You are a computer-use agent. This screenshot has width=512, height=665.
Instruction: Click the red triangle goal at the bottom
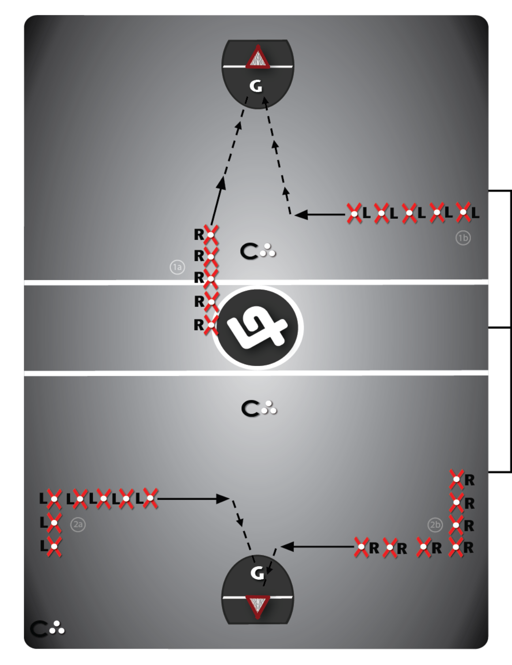[257, 606]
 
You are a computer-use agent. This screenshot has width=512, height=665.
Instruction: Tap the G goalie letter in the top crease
[256, 86]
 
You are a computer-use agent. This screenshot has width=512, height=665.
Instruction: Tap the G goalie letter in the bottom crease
[257, 573]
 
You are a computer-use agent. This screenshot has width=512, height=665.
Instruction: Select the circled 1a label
[177, 267]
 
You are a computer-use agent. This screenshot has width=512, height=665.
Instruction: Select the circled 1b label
[463, 238]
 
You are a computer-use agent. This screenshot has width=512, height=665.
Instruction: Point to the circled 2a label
[78, 524]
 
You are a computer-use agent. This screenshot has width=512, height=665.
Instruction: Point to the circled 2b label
[435, 525]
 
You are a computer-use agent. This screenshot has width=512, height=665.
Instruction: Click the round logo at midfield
[258, 328]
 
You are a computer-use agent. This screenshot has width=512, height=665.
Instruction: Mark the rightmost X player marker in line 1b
[463, 212]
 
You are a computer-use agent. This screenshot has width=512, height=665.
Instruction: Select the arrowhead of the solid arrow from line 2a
[223, 498]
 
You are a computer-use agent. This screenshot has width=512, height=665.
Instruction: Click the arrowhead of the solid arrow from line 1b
[301, 214]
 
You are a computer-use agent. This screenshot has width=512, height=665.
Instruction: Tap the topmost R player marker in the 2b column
[456, 479]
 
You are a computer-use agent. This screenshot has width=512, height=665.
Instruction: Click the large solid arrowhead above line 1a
[221, 183]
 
